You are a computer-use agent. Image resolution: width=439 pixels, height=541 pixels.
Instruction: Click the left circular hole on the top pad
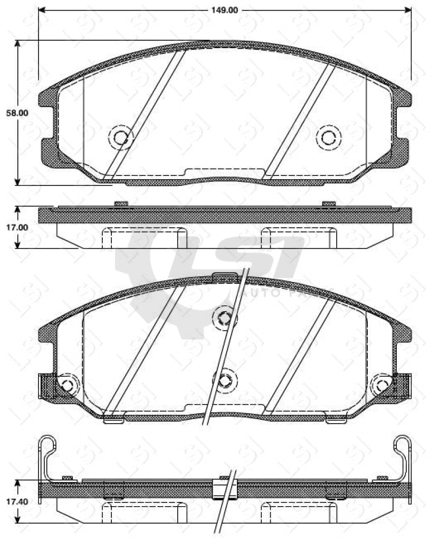pyautogui.click(x=121, y=138)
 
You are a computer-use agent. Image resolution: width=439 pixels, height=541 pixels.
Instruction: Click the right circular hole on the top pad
pyautogui.click(x=328, y=138)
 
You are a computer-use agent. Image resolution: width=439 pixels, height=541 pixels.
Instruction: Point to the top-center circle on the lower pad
pyautogui.click(x=224, y=318)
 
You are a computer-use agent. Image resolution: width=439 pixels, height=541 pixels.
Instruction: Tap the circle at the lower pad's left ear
pyautogui.click(x=66, y=385)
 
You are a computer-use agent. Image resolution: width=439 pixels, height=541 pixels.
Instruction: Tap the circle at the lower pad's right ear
pyautogui.click(x=381, y=386)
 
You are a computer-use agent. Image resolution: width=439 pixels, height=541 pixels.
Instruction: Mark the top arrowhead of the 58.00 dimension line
pyautogui.click(x=18, y=44)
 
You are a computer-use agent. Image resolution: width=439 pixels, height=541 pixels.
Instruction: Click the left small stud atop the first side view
pyautogui.click(x=121, y=203)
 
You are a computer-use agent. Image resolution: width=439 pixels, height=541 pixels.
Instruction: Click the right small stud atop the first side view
pyautogui.click(x=329, y=203)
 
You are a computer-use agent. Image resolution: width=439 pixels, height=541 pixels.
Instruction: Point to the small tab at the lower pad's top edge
pyautogui.click(x=225, y=275)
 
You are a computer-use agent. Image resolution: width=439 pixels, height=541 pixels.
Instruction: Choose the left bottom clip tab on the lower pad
pyautogui.click(x=113, y=421)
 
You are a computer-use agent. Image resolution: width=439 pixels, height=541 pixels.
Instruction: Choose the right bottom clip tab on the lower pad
pyautogui.click(x=336, y=421)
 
